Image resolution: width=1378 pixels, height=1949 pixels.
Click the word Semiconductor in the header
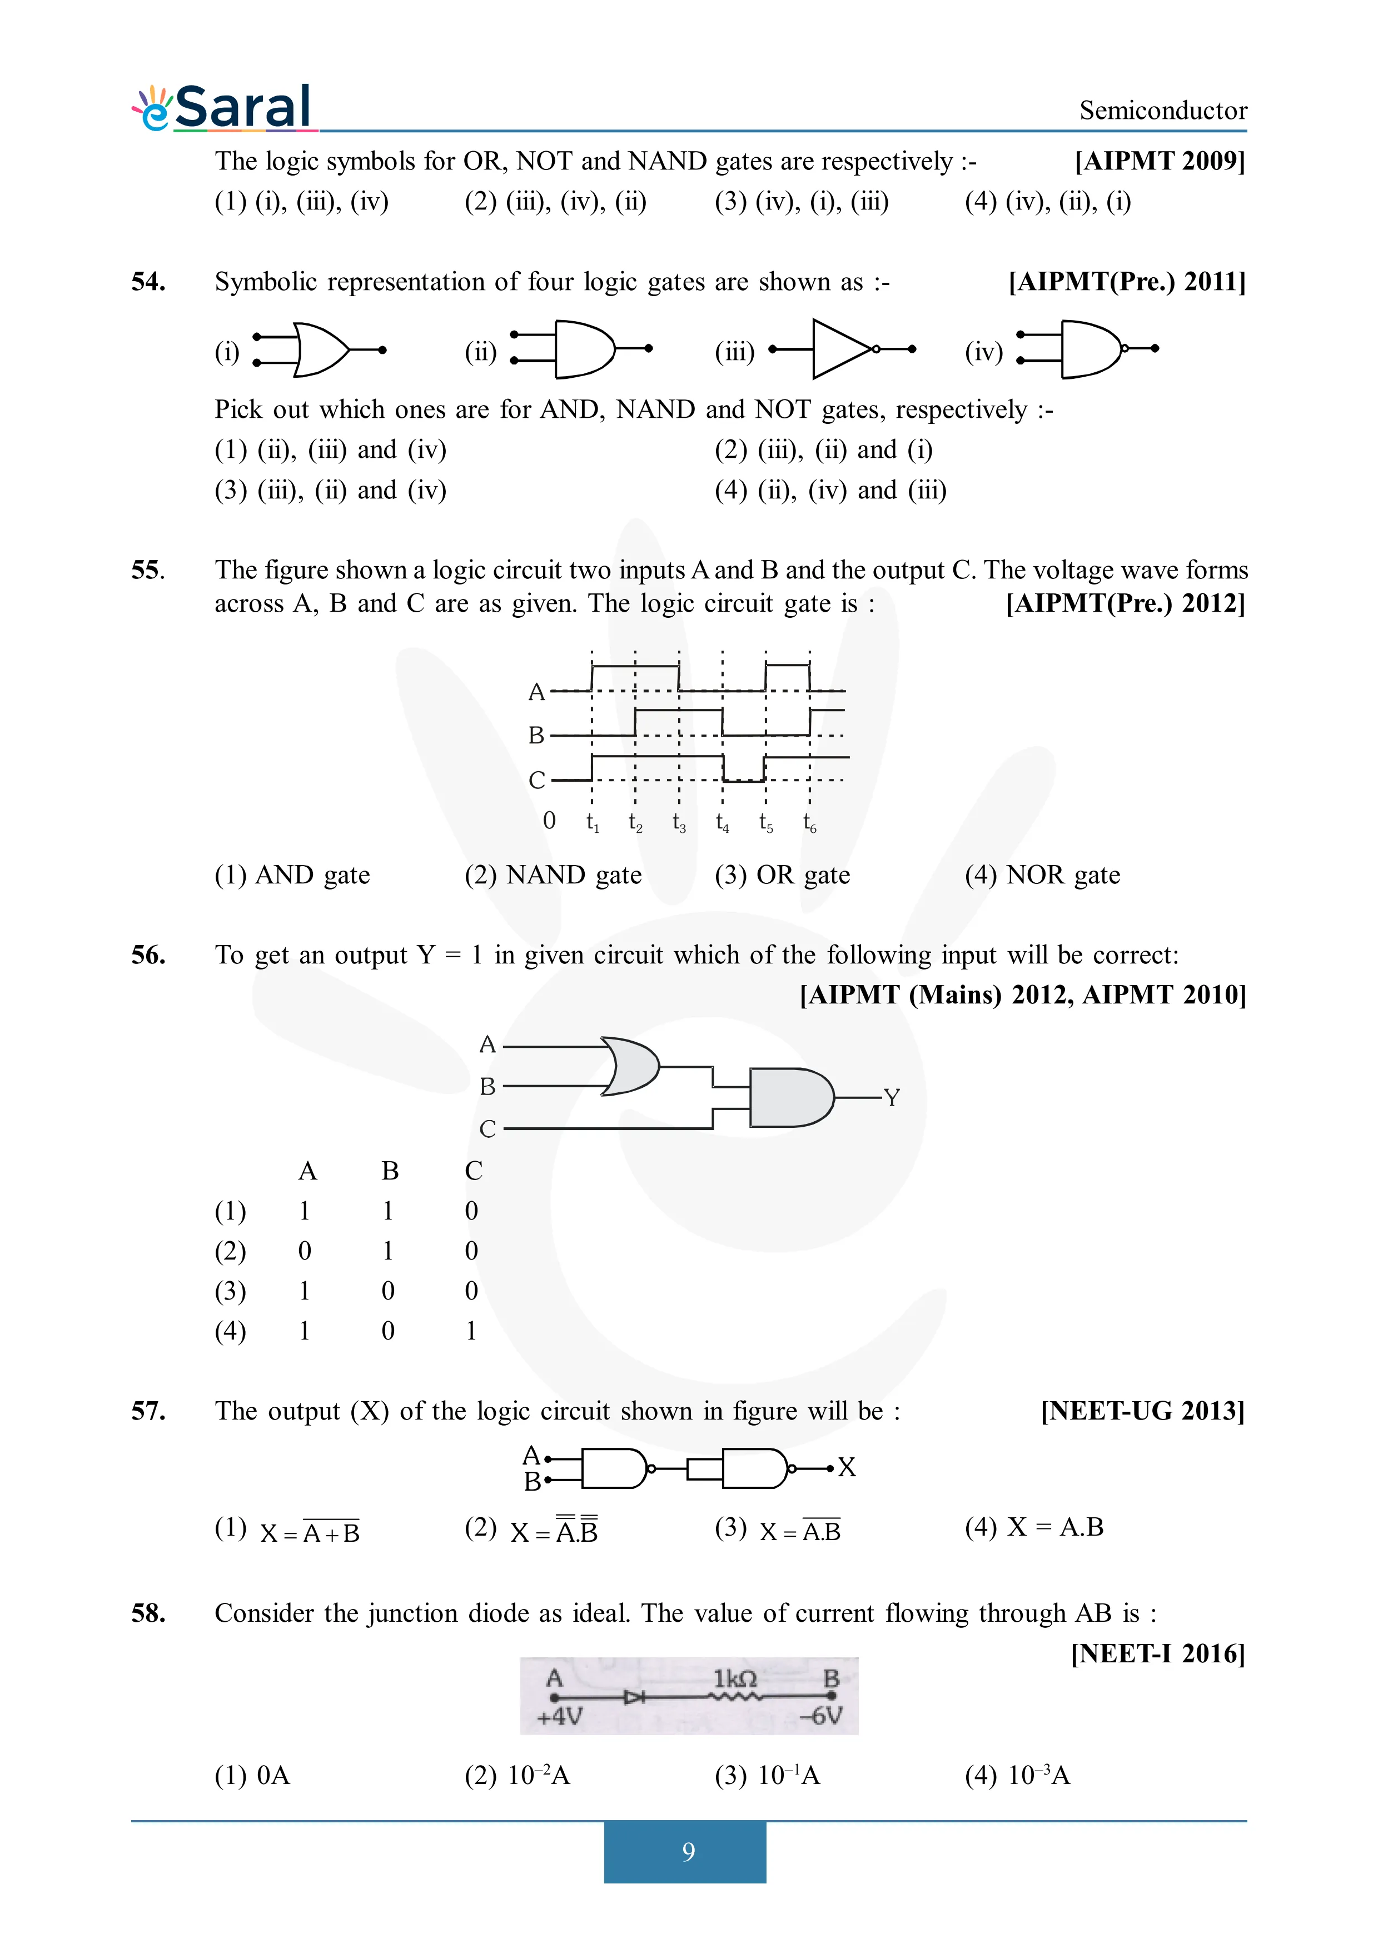tap(1162, 111)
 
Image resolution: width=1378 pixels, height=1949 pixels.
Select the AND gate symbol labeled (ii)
tap(583, 349)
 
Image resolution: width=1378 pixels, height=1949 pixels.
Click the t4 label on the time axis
tap(722, 822)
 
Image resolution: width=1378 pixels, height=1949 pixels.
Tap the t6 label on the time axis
tap(809, 822)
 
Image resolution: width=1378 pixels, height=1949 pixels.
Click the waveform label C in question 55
tap(536, 780)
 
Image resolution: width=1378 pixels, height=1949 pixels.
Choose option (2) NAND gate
tap(554, 874)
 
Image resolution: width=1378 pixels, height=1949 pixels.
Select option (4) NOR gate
tap(1043, 874)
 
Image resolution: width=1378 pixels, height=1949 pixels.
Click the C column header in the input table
tap(473, 1171)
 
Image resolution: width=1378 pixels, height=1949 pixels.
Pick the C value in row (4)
tap(471, 1330)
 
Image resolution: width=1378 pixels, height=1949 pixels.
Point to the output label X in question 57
tap(847, 1467)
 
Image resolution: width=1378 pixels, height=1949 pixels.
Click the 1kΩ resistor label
tap(734, 1678)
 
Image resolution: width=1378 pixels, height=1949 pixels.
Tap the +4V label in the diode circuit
tap(560, 1716)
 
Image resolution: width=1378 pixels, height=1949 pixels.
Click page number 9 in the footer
tap(688, 1851)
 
